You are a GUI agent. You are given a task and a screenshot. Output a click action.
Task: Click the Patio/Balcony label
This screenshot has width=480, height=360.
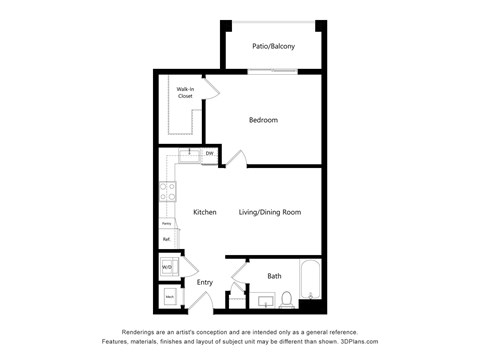[273, 46]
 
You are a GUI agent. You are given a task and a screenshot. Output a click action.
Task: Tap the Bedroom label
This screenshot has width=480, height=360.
[263, 120]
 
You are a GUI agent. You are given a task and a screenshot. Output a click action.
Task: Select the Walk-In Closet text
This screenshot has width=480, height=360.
[185, 93]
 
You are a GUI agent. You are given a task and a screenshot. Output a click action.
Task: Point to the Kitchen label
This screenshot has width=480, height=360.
[205, 212]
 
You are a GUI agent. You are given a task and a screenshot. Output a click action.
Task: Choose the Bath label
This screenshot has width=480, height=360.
[273, 276]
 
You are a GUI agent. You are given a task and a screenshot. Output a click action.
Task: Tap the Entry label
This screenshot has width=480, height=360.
[205, 282]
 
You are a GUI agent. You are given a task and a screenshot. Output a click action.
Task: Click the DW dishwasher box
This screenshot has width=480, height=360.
[209, 154]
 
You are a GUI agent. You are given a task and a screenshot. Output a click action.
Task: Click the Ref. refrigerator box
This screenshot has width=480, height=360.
[167, 240]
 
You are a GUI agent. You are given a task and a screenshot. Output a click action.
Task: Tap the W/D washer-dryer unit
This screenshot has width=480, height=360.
[168, 266]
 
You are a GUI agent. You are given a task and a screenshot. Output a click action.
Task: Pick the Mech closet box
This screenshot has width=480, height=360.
[169, 298]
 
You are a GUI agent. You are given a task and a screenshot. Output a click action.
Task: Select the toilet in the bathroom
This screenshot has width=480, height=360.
[286, 297]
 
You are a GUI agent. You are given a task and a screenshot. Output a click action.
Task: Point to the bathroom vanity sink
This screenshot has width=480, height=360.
[265, 298]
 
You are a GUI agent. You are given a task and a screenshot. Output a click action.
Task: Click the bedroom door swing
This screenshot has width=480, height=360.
[236, 157]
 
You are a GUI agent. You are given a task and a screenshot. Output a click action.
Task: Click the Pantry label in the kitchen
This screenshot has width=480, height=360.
[167, 224]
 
